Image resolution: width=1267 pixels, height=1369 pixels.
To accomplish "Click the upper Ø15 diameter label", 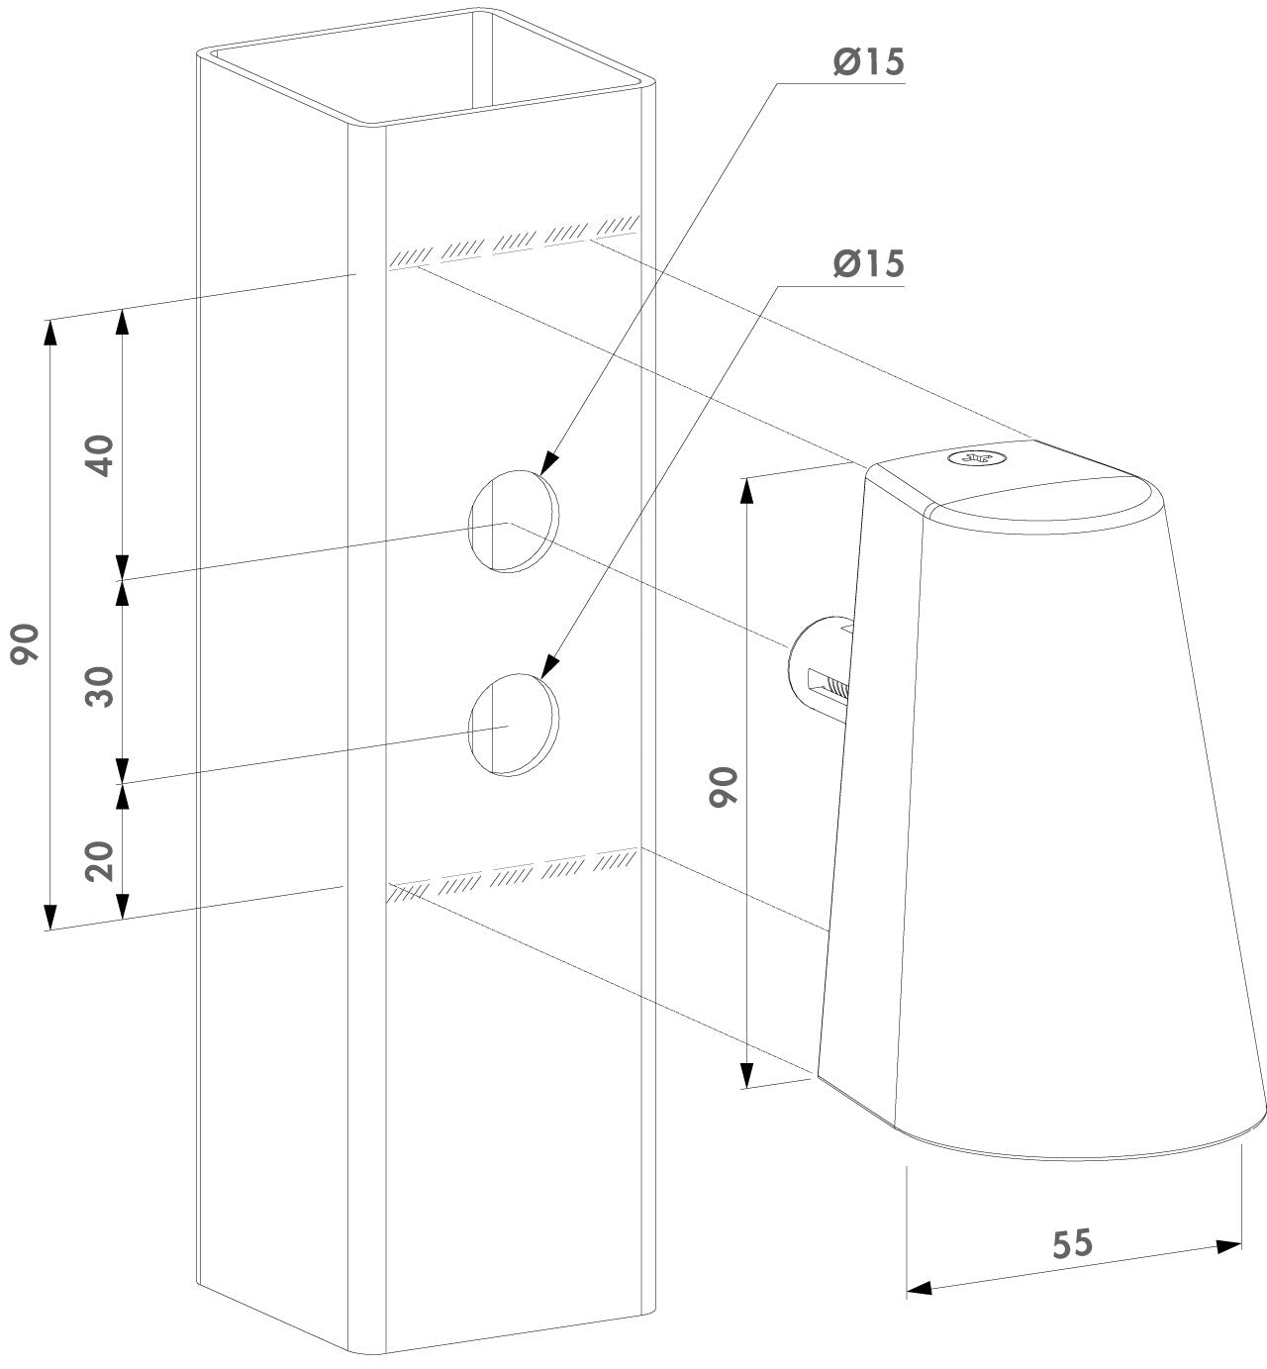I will coord(868,62).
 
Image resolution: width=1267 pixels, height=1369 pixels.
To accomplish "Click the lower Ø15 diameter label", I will coord(868,264).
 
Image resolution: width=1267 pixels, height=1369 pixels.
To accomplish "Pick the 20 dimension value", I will coord(101,861).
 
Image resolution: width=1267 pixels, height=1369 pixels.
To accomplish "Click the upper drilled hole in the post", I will coord(514,520).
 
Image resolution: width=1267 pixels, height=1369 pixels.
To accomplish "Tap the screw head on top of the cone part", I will coord(976,458).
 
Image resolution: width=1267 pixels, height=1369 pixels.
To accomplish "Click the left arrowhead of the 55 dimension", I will coord(918,1288).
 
